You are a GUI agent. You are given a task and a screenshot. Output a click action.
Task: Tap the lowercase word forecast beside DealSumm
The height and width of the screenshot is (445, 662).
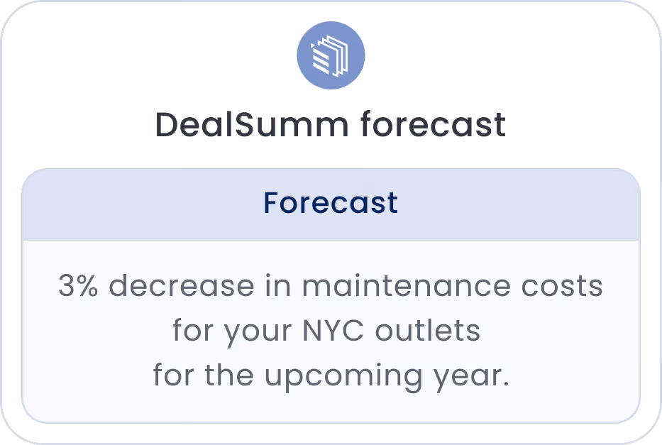(x=433, y=126)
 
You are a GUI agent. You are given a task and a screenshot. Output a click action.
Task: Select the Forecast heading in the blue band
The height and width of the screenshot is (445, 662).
(x=331, y=203)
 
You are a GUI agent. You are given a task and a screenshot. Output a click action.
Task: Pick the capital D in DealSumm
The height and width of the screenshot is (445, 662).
(x=166, y=126)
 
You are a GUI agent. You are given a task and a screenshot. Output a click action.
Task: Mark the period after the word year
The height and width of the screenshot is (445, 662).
(x=505, y=384)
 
